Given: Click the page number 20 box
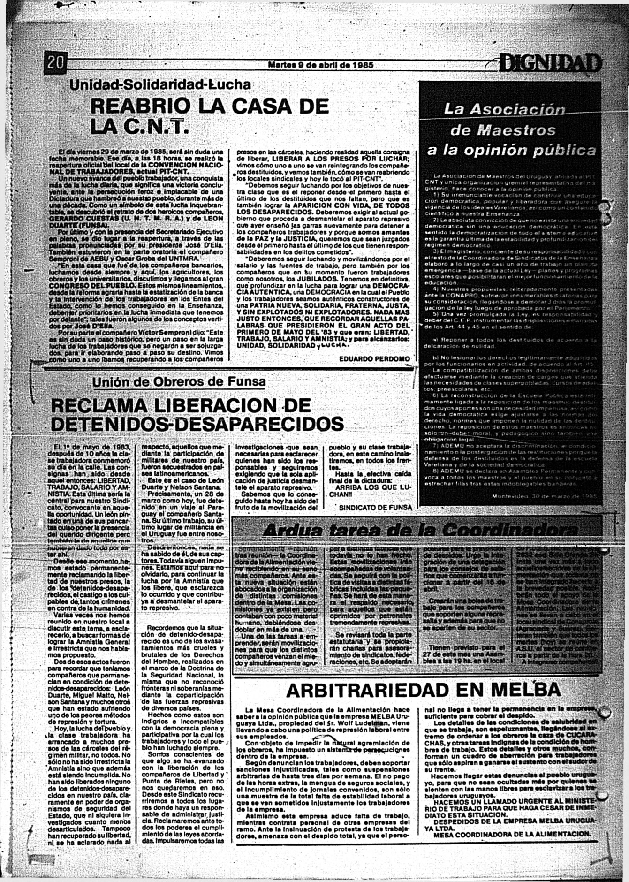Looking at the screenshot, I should (57, 62).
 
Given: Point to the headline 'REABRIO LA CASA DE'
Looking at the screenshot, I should (209, 106).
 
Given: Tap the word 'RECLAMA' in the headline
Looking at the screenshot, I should (102, 405).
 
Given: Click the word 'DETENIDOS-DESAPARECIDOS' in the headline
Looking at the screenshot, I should (197, 424).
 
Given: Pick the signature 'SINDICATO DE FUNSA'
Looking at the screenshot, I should (375, 507).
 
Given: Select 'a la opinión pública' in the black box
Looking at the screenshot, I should (512, 151).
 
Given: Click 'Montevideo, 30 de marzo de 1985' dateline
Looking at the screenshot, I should (545, 496).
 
